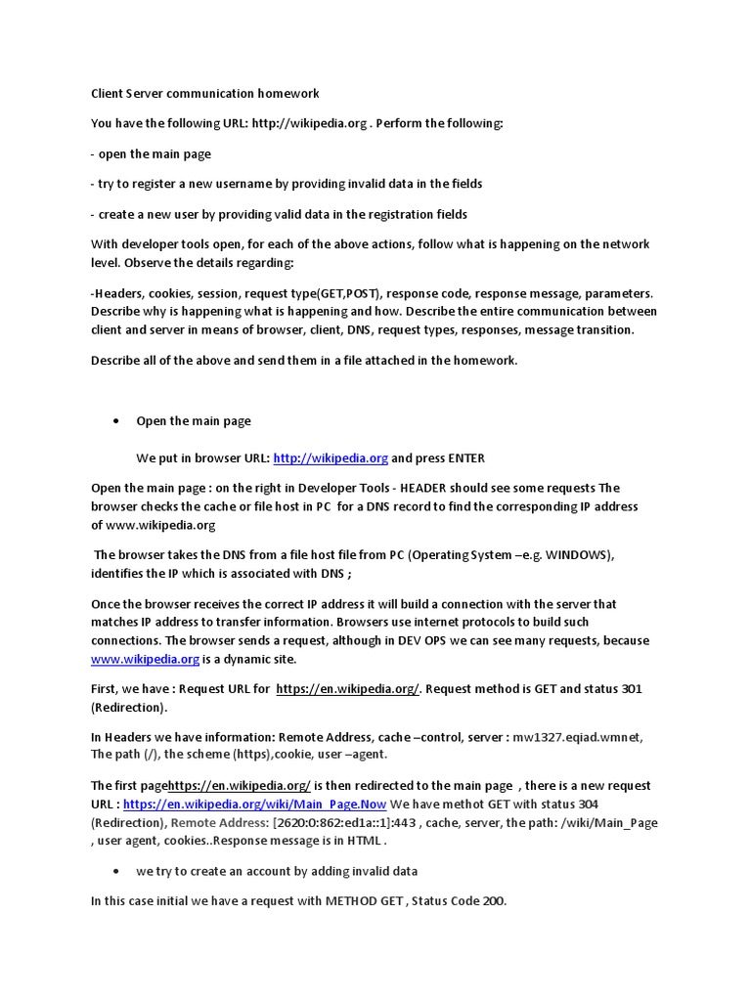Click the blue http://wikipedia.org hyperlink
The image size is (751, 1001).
[x=331, y=457]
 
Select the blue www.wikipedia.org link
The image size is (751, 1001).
[x=145, y=659]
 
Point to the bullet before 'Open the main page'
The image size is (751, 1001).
[x=116, y=420]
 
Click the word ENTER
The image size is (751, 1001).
[x=465, y=457]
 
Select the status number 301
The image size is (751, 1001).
[x=631, y=688]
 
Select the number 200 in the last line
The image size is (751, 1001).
[x=493, y=900]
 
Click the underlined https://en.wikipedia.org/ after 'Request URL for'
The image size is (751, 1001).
[x=348, y=688]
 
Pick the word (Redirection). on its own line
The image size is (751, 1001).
[x=129, y=707]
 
